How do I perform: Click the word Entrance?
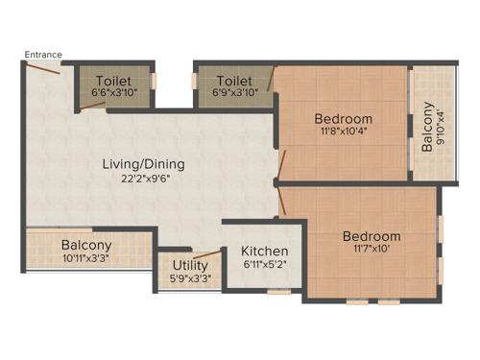(x=43, y=55)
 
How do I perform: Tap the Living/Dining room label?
(x=144, y=164)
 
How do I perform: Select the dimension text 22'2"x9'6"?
(x=144, y=180)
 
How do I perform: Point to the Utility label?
(x=191, y=266)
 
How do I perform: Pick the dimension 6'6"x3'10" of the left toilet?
(x=115, y=93)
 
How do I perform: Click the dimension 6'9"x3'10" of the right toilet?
(x=235, y=93)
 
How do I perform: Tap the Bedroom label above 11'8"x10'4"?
(x=344, y=119)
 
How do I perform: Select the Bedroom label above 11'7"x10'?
(x=372, y=236)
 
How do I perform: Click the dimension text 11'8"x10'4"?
(x=344, y=133)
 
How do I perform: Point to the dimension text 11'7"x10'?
(x=372, y=250)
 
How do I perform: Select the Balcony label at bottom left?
(x=86, y=245)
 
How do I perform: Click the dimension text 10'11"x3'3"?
(x=86, y=258)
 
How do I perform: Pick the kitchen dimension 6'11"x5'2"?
(x=264, y=264)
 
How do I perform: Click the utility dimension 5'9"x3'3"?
(x=191, y=279)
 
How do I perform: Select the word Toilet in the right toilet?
(x=235, y=81)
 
